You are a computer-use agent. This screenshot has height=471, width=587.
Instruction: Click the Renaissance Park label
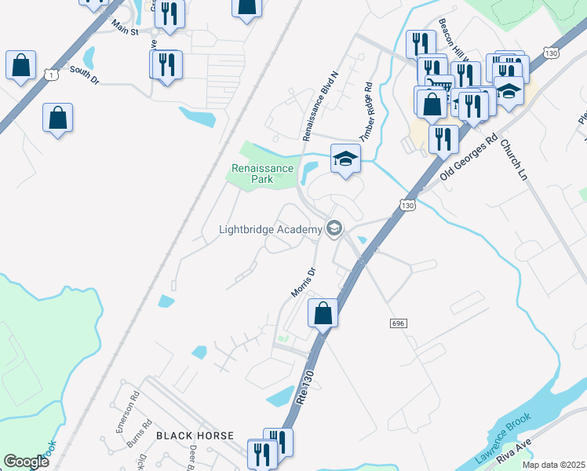(x=262, y=173)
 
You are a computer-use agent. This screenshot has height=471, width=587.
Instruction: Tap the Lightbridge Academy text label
(x=271, y=229)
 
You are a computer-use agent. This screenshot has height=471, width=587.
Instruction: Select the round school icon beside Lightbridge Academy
(x=334, y=228)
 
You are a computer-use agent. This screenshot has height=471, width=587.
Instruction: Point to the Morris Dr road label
(x=303, y=283)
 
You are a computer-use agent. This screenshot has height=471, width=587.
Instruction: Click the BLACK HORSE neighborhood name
(x=195, y=435)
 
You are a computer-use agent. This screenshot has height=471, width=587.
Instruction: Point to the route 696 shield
(x=398, y=323)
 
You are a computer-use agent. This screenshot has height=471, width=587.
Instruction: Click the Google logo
(x=26, y=462)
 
